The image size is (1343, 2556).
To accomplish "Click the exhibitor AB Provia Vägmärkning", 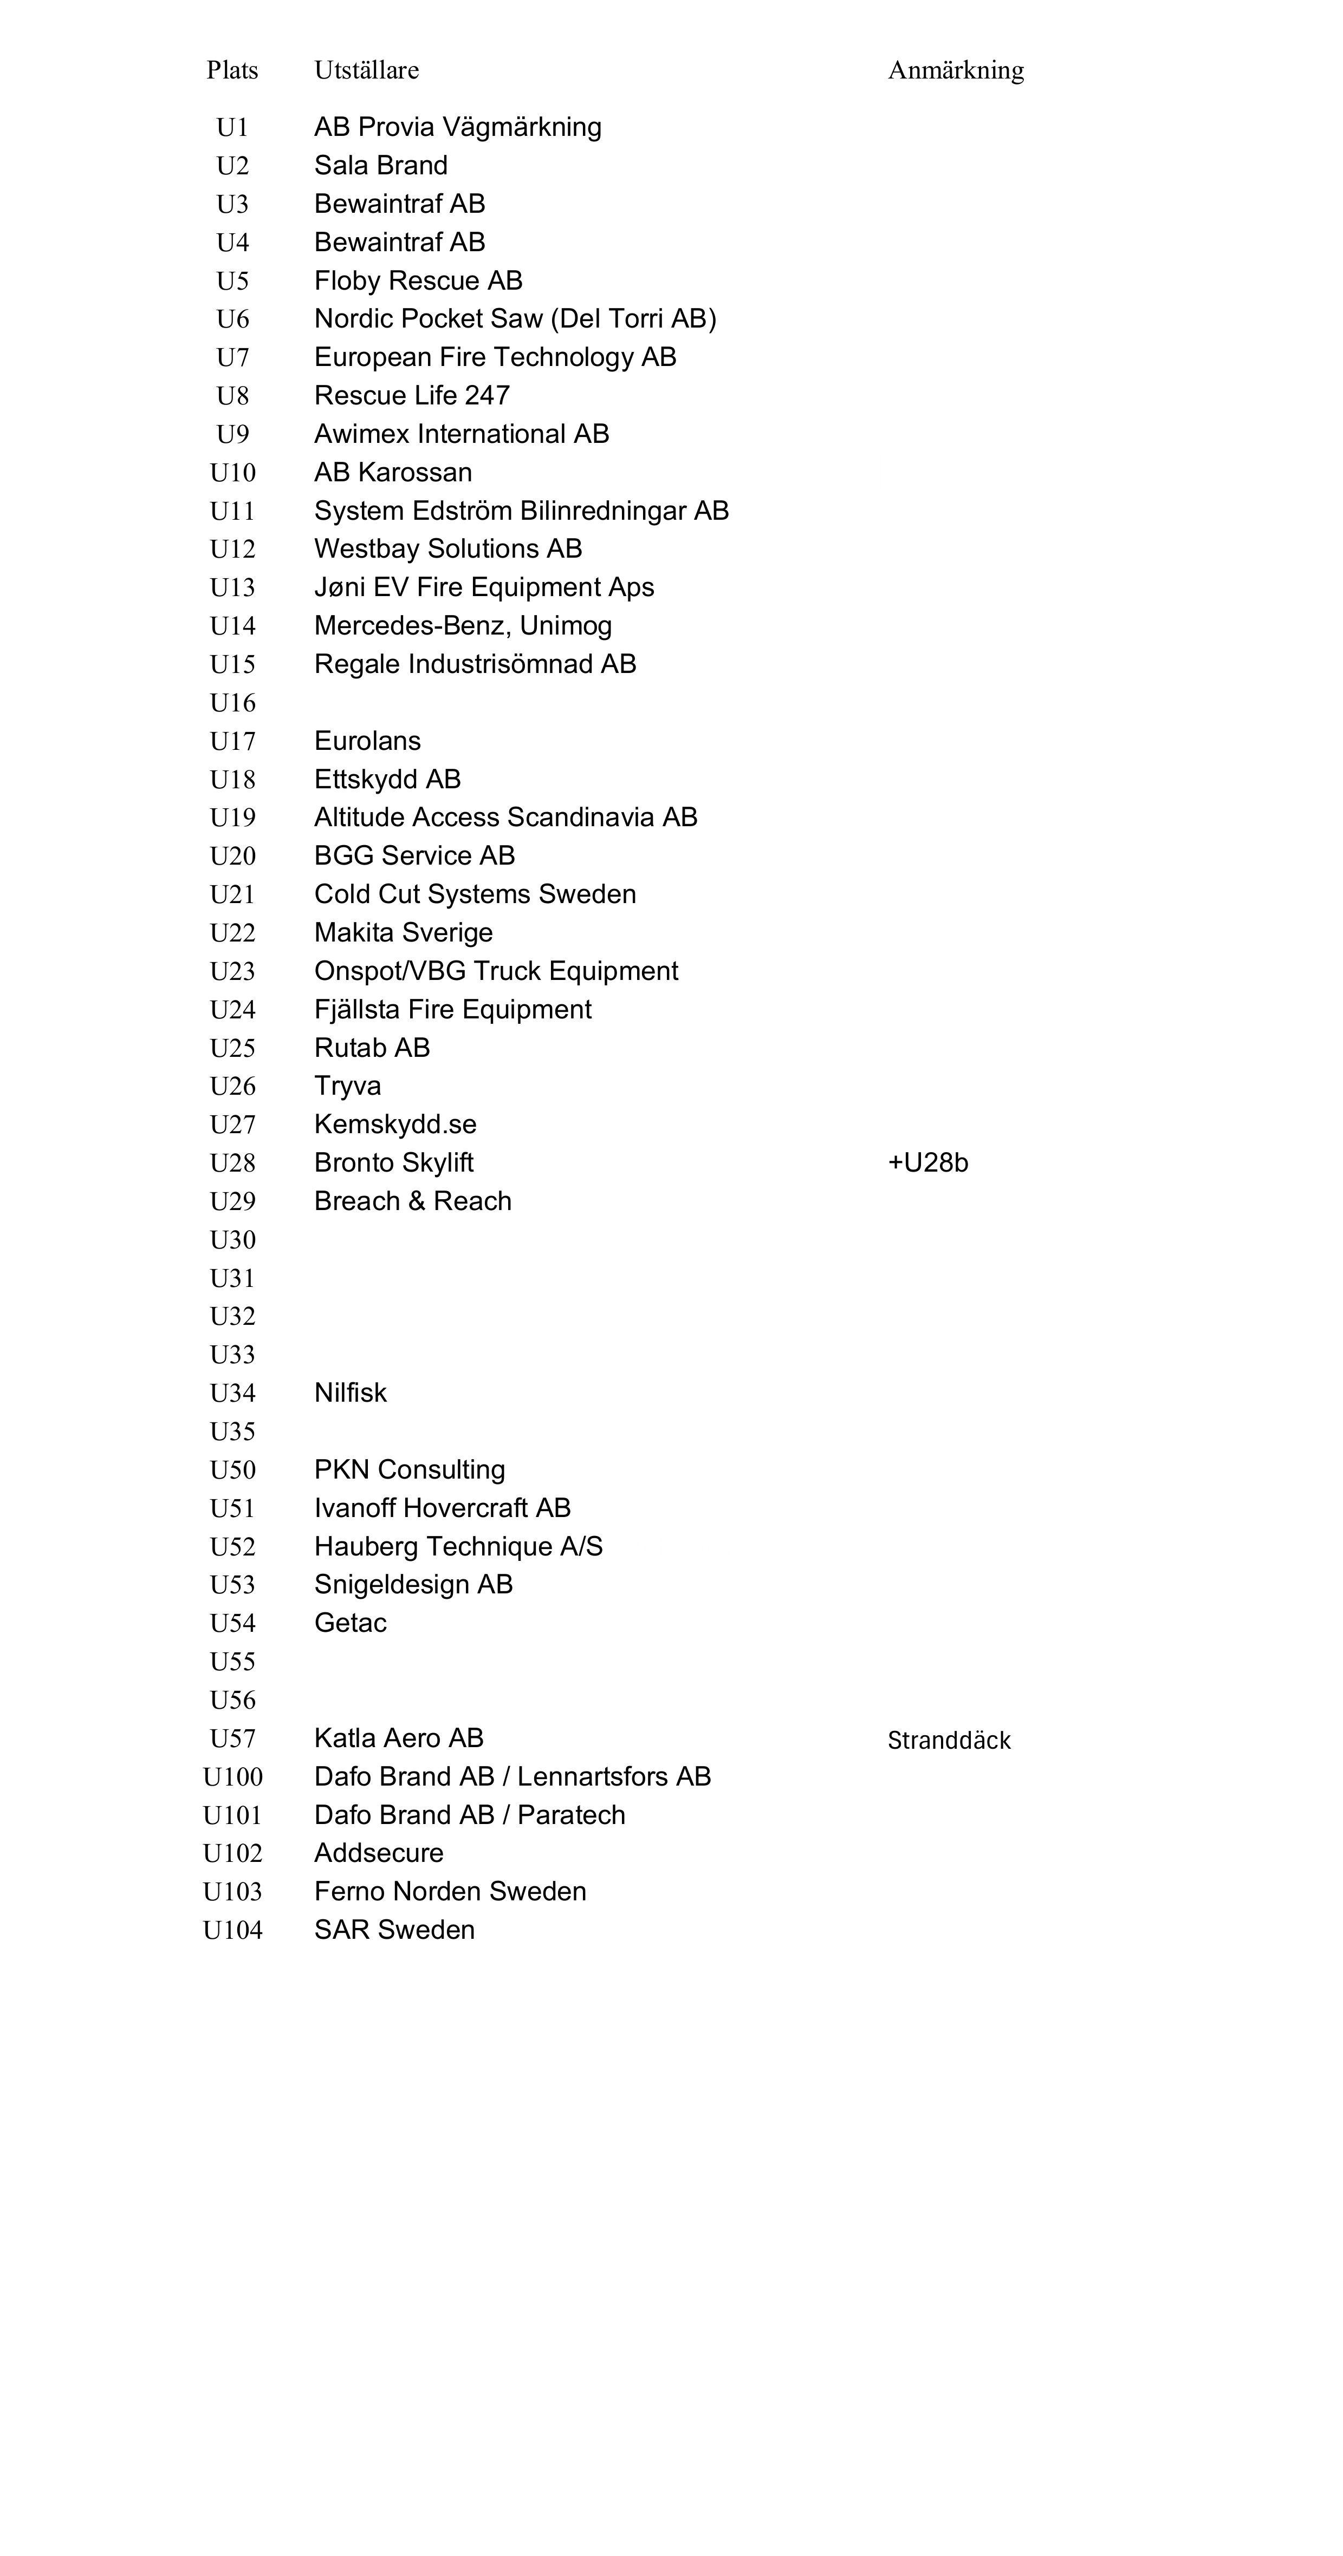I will point(458,127).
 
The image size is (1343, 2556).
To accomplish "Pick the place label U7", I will point(232,357).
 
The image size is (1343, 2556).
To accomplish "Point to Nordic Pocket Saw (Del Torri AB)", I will point(515,318).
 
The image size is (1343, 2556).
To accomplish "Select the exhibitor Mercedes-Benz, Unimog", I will point(463,626).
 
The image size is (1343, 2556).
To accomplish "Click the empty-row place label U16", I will point(232,703).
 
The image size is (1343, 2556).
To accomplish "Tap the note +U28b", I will point(927,1163).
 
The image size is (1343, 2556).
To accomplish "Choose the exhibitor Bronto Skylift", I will point(393,1163).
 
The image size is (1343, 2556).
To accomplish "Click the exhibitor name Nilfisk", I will point(351,1393).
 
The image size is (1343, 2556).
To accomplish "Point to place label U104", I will point(232,1931).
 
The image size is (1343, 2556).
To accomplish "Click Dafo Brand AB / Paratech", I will point(470,1815).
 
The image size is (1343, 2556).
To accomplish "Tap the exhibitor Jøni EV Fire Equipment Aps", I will point(483,587).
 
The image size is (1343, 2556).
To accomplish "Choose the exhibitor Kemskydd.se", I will point(395,1124).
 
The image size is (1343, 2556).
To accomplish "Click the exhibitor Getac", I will point(351,1623).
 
